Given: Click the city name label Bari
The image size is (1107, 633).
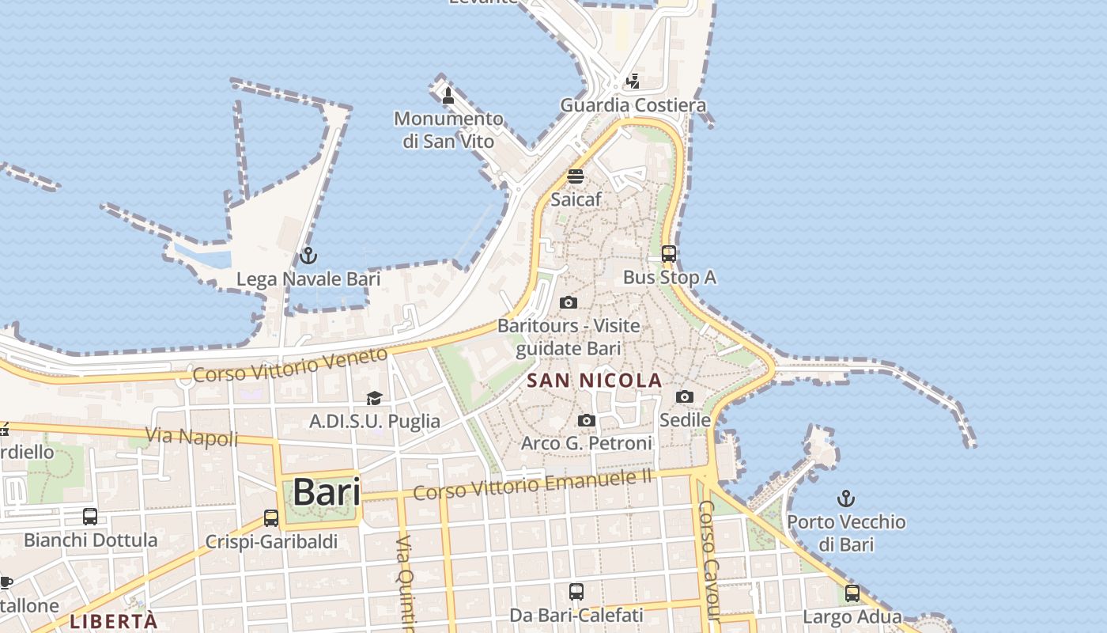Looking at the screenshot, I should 327,492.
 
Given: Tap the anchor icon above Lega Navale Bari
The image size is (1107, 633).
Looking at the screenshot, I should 308,256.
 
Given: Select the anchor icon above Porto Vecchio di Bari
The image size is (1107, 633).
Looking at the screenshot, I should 846,498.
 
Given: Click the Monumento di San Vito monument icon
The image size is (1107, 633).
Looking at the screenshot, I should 448,96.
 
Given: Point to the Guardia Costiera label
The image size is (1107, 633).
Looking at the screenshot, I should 633,105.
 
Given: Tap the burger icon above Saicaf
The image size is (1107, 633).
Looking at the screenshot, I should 576,176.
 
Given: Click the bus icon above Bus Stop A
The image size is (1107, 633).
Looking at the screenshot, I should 669,254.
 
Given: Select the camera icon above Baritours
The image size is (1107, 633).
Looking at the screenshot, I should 568,302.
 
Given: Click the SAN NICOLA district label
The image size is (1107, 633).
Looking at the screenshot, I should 594,381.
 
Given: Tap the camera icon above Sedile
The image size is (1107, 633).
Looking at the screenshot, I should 685,396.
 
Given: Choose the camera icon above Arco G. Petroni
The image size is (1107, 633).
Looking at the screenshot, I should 586,420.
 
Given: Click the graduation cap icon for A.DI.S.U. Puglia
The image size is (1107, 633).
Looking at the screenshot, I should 374,398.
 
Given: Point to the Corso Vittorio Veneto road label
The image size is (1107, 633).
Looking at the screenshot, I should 290,365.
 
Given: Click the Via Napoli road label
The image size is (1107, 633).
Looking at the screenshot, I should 192,436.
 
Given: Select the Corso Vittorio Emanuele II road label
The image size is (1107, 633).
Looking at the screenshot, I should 533,483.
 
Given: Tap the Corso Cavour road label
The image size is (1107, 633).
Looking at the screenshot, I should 709,560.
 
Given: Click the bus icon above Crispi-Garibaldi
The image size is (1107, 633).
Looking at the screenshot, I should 271,518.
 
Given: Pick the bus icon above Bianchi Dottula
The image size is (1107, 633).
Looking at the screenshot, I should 90,517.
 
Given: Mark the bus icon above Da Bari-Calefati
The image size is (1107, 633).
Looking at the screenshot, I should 576,591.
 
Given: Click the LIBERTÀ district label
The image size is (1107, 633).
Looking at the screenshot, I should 113,621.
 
